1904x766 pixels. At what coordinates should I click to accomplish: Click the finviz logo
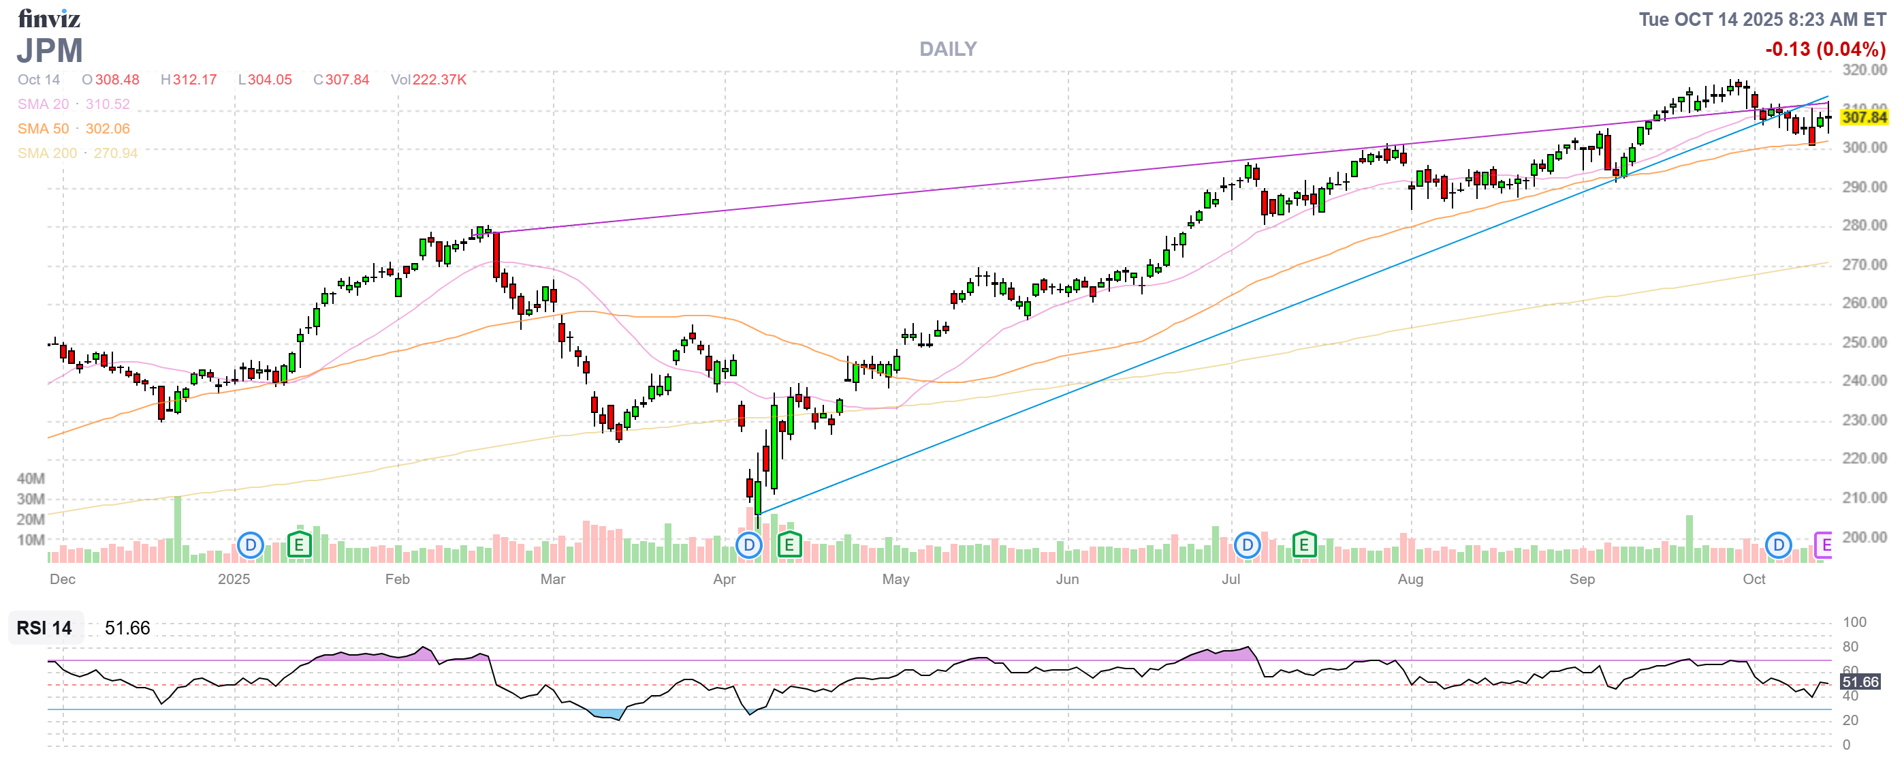[x=49, y=18]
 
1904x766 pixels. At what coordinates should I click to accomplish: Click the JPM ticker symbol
[x=50, y=51]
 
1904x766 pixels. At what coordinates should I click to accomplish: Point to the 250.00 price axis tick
[x=1863, y=342]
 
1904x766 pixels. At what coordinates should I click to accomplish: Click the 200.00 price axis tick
[x=1863, y=538]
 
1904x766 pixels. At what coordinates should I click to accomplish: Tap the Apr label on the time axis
[x=725, y=580]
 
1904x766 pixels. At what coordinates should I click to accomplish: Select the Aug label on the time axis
[x=1410, y=580]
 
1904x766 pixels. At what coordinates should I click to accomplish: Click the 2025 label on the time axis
[x=234, y=580]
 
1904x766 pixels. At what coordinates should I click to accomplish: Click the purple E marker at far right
[x=1824, y=546]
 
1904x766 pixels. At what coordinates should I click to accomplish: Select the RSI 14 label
[x=44, y=628]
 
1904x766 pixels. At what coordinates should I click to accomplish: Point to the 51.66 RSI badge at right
[x=1860, y=682]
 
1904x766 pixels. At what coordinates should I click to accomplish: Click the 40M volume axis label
[x=31, y=479]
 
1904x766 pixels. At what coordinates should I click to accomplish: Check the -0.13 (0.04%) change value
[x=1825, y=50]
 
